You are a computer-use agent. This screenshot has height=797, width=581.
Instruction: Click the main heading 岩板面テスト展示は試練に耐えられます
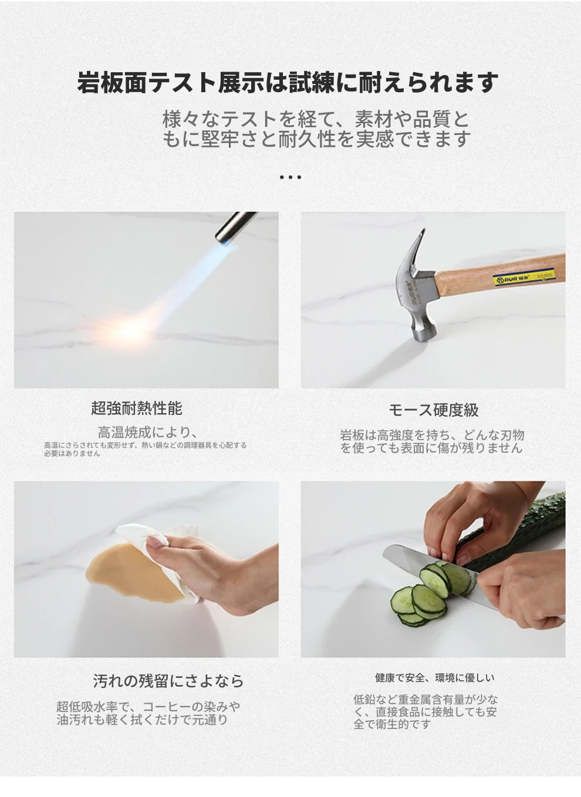point(288,83)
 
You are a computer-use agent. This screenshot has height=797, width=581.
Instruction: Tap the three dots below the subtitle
point(290,177)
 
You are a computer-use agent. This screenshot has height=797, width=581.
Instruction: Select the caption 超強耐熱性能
point(137,408)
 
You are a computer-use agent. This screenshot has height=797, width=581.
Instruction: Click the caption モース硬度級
point(433,410)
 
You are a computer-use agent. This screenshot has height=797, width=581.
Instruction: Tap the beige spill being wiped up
point(131,573)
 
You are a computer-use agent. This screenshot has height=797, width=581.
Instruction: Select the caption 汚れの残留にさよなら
point(168,681)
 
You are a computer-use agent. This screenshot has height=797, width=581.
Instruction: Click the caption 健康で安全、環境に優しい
point(435,678)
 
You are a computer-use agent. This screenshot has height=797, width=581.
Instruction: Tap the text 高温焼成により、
point(147,433)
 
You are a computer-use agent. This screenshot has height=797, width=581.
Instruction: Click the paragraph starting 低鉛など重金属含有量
point(425,712)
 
